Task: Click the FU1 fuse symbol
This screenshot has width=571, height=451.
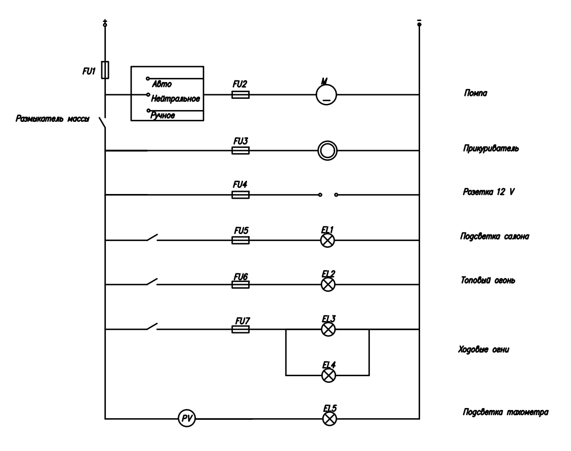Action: (105, 70)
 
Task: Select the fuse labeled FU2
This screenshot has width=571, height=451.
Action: (240, 95)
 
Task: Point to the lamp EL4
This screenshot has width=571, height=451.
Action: (327, 375)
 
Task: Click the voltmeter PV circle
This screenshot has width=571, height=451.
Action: (187, 419)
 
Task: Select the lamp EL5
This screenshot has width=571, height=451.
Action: (327, 419)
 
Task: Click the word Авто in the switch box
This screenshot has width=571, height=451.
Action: (162, 84)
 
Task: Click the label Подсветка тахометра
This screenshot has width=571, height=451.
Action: (506, 412)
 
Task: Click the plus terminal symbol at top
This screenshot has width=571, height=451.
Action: (105, 23)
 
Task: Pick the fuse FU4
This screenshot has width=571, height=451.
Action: (240, 195)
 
